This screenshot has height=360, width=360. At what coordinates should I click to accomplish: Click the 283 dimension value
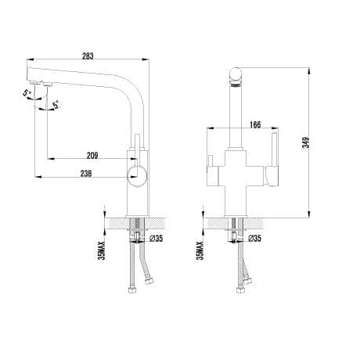88,56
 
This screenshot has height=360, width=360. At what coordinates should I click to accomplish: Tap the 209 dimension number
92,156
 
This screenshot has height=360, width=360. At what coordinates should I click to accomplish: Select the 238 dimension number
86,174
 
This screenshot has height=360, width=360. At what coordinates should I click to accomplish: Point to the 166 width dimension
255,124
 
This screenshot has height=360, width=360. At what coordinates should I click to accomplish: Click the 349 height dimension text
305,142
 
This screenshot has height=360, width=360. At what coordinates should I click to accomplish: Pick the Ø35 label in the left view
156,238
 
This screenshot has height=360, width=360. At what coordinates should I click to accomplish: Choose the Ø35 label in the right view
254,238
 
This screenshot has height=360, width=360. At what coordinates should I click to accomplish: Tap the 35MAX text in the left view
101,250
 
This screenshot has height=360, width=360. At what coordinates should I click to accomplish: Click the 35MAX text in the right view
200,250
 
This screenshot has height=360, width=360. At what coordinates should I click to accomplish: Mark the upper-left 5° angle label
27,93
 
